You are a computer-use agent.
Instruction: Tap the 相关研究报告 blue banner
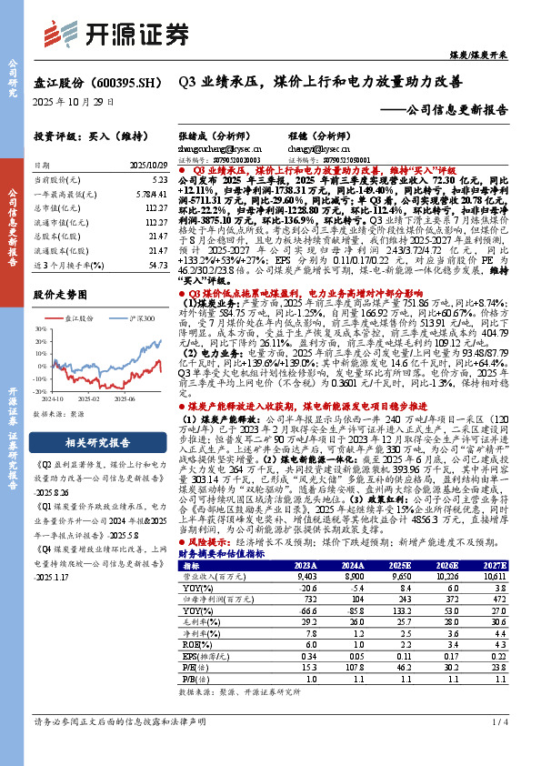point(88,443)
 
